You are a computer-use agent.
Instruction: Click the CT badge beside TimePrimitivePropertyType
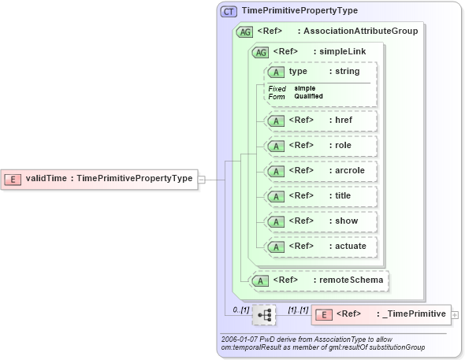coord(229,11)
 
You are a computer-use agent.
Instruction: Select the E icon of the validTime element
coord(13,179)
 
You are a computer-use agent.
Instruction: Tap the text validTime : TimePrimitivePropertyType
coord(109,179)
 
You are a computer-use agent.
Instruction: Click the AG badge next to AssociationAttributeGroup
coord(244,32)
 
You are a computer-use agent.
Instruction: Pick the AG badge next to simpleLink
coord(259,52)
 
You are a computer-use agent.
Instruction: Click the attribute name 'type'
coord(298,72)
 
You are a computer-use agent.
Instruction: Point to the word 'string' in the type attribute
coord(348,72)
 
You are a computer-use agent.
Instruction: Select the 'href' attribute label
coord(344,121)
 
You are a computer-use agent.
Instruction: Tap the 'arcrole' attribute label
coord(351,171)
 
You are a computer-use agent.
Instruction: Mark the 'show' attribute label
coord(345,221)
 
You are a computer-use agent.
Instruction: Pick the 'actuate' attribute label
coord(351,247)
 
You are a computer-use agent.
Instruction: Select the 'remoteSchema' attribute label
coord(352,280)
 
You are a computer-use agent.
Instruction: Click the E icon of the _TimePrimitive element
coord(322,315)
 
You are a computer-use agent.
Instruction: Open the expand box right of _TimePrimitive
coord(456,315)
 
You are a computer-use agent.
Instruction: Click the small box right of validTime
coord(202,179)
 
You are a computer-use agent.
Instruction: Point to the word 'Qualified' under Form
coord(309,96)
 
